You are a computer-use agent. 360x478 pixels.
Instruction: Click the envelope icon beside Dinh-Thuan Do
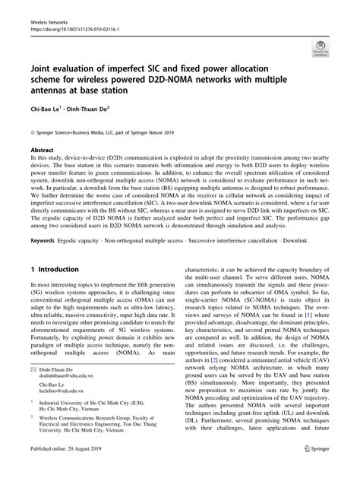(x=33, y=369)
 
